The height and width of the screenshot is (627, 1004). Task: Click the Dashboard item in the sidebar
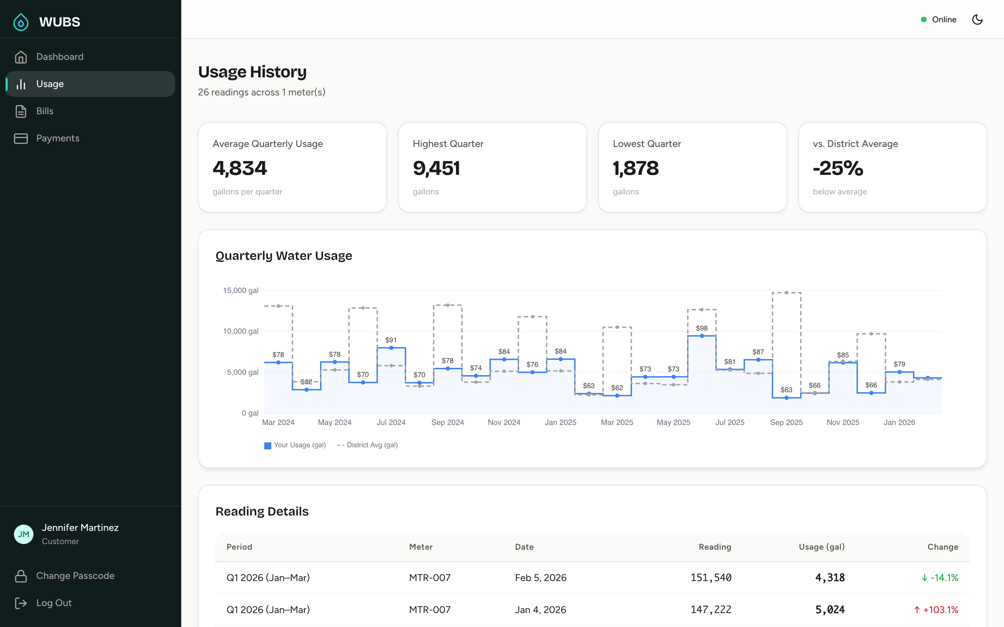coord(59,57)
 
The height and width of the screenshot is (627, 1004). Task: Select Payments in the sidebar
coord(57,138)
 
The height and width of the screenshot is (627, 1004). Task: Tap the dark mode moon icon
coord(977,20)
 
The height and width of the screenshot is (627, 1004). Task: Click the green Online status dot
coord(923,20)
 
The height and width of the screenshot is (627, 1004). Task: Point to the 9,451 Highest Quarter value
coord(436,168)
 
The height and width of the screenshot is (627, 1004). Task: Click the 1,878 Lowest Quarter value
coord(636,168)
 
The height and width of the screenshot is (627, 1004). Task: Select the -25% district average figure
coord(838,168)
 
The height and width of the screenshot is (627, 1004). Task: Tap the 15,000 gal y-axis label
coord(241,290)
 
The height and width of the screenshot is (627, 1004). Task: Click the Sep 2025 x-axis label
coord(786,422)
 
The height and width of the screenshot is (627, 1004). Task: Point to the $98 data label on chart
coord(701,328)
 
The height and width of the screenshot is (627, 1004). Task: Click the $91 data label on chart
coord(391,340)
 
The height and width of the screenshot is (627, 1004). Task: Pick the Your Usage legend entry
coord(295,445)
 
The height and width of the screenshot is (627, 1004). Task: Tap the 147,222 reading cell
coord(711,610)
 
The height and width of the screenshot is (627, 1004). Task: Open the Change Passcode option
coord(75,575)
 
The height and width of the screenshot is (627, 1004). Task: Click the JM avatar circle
coord(24,534)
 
